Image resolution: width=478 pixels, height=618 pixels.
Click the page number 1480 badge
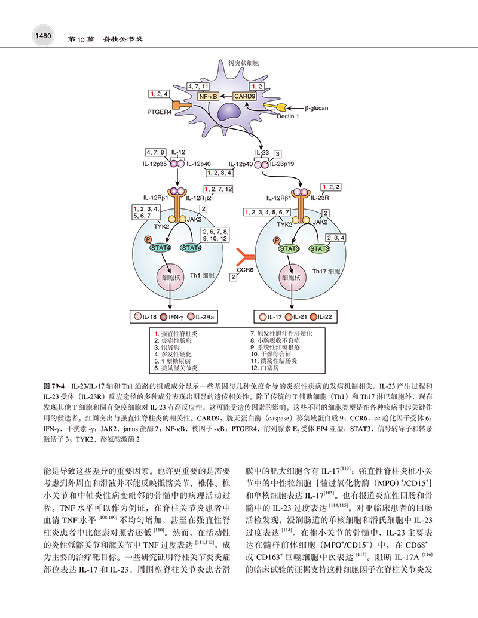tap(42, 36)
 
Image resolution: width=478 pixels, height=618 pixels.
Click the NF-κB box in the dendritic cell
tap(209, 96)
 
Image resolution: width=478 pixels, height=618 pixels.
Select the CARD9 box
tap(244, 96)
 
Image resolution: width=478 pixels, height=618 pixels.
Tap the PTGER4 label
tap(160, 112)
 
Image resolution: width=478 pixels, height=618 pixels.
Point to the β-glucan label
tap(316, 108)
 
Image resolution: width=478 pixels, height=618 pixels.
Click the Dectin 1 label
tap(288, 116)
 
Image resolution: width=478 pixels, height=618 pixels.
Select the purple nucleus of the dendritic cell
tap(231, 112)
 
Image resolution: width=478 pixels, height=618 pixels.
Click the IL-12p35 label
tap(155, 164)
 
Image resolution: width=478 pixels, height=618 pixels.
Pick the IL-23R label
tap(320, 198)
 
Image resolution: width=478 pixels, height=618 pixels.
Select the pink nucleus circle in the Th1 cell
tap(171, 278)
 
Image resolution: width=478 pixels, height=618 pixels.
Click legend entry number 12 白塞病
tap(265, 368)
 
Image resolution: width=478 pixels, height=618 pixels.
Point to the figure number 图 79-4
tap(54, 386)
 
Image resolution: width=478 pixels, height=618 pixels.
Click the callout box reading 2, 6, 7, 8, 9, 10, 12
tap(215, 235)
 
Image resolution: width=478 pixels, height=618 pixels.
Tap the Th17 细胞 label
tap(326, 271)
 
